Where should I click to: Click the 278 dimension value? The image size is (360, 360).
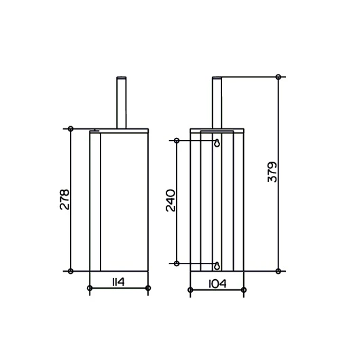pos(65,199)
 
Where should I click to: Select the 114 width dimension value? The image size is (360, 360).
pos(118,282)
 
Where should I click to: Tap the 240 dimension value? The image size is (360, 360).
pos(170,200)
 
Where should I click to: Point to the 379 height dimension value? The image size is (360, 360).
pos(272,172)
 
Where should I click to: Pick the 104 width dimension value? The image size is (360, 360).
pos(217,284)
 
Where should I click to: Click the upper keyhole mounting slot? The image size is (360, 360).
pos(217,143)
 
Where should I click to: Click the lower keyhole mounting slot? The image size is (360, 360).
pos(217,266)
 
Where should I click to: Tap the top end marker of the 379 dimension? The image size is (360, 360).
pos(278,77)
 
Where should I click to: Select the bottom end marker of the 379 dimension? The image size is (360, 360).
pos(278,271)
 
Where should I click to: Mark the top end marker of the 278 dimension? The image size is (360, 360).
pos(71,129)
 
